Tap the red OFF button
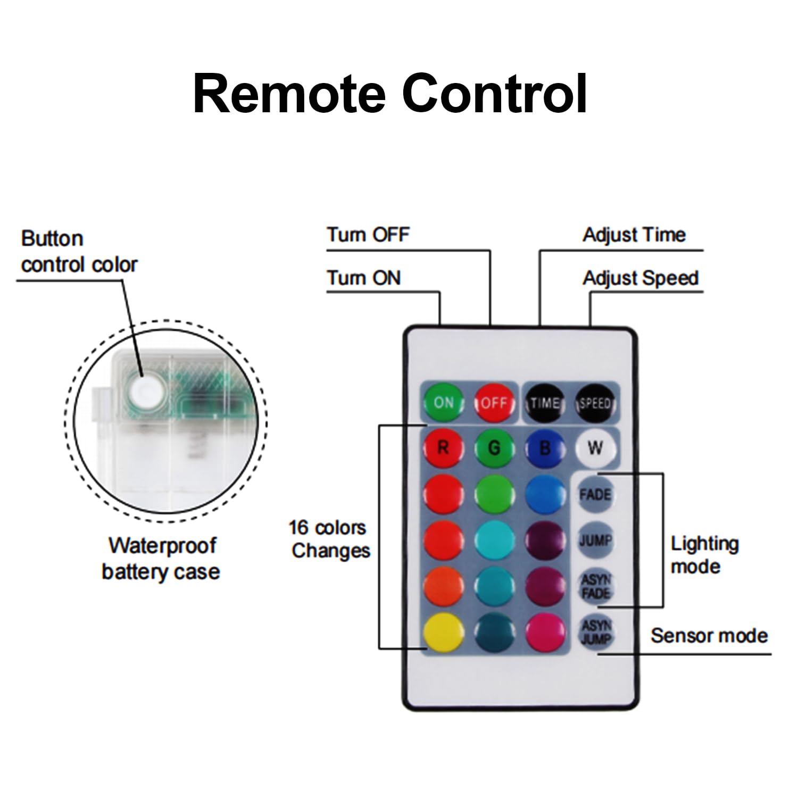point(494,403)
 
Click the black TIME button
point(545,403)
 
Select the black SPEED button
point(595,403)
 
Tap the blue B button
point(545,448)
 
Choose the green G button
point(494,448)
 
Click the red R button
point(443,448)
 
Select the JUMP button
point(595,541)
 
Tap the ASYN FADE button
point(595,586)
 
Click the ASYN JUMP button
point(595,632)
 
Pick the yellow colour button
point(443,632)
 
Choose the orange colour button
point(443,586)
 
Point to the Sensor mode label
point(709,636)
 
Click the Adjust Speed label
point(640,278)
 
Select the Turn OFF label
point(368,235)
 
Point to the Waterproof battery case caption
point(161,559)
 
